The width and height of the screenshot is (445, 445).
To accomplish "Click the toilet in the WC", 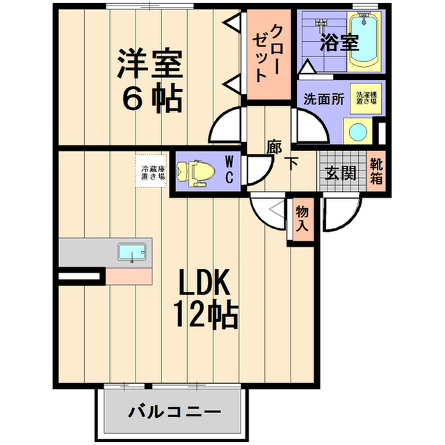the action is (x=195, y=173).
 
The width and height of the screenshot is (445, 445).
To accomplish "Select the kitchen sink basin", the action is (x=132, y=252).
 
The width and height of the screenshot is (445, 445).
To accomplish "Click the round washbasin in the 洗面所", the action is (x=357, y=132).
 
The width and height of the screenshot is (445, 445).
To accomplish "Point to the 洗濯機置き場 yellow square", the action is (x=366, y=98).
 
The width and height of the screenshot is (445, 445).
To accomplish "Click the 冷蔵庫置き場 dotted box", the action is (x=151, y=171).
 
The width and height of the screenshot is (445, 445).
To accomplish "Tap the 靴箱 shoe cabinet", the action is (x=376, y=171).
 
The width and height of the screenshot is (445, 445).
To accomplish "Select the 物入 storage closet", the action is (x=303, y=219).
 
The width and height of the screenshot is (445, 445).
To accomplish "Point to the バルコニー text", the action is (x=175, y=412).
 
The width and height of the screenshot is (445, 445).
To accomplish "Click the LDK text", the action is (x=204, y=282).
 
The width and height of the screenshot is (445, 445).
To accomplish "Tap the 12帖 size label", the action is (x=205, y=314).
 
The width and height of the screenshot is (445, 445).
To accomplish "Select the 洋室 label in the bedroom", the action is (x=150, y=63).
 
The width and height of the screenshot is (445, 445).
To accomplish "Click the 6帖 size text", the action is (x=152, y=97).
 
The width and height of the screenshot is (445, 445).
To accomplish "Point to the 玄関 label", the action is (x=341, y=172).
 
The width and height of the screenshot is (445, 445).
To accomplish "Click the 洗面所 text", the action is (x=324, y=99).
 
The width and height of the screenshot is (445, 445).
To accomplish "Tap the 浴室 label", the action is (x=339, y=42).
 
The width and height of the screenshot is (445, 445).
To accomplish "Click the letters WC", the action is (x=229, y=170).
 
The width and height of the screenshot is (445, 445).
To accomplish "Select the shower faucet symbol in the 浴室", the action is (x=321, y=24).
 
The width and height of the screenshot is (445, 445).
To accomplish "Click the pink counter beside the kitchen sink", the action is (x=129, y=276).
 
